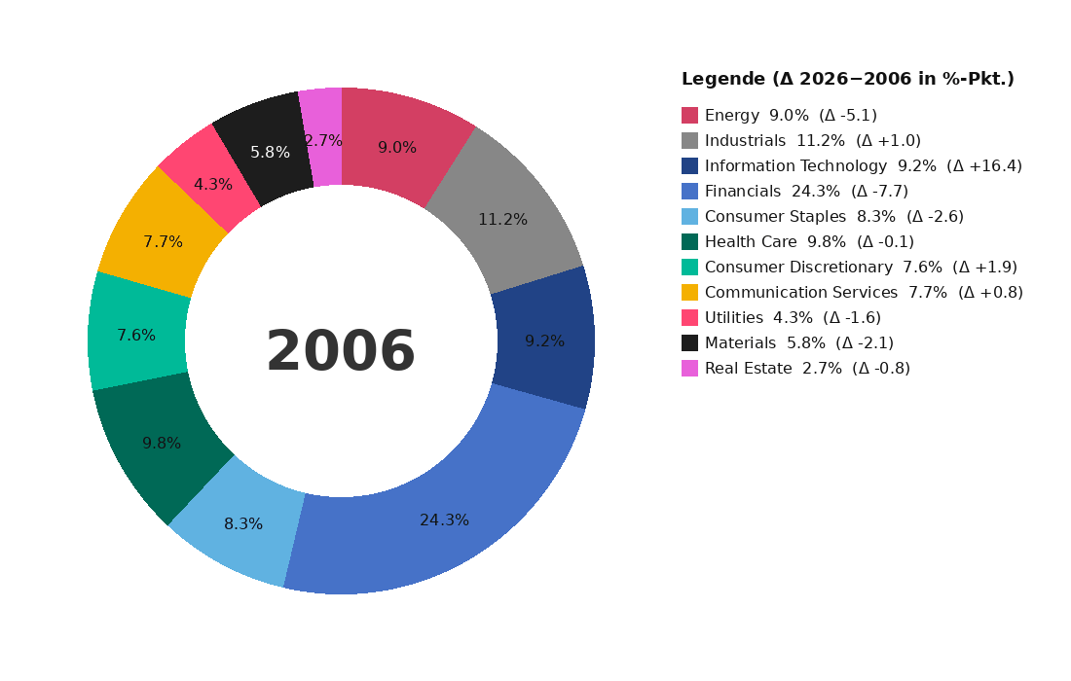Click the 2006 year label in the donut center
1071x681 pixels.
point(341,352)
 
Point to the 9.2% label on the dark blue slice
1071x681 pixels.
point(544,341)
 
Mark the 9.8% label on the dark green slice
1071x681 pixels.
point(162,444)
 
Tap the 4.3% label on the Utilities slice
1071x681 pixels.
point(212,185)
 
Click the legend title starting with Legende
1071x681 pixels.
point(847,80)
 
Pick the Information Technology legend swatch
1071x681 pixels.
point(689,166)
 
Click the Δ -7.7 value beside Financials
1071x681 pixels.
point(879,192)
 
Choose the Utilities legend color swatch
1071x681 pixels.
point(689,318)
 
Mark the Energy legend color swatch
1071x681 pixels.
point(689,116)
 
